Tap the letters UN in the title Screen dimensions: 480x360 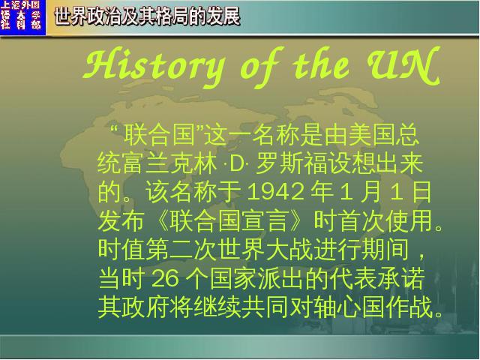pos(404,65)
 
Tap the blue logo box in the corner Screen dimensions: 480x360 pos(22,17)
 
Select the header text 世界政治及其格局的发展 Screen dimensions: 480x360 pos(147,16)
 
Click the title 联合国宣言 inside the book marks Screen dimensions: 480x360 pos(229,221)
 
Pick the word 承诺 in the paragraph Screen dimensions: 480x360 pos(400,278)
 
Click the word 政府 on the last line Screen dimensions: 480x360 pos(145,307)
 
